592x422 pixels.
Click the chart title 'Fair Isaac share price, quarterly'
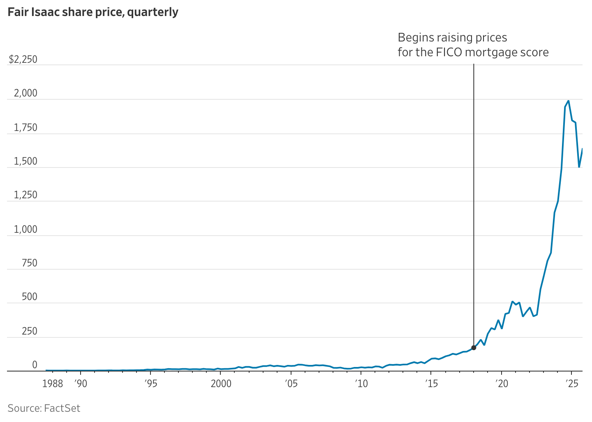(93, 12)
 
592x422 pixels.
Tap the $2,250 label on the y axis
(23, 60)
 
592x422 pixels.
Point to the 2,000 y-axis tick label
(25, 94)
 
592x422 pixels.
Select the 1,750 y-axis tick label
(25, 128)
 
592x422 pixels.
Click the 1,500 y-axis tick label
(25, 162)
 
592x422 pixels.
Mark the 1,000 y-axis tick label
(25, 229)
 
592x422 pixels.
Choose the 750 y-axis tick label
(29, 263)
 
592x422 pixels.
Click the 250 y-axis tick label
(29, 331)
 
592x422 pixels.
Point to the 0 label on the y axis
(35, 365)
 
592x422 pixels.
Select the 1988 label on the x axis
(53, 384)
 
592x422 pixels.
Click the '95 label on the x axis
(150, 384)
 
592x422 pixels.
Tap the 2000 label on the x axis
(221, 384)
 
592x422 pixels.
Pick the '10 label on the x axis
(361, 384)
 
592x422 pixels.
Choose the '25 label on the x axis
(571, 384)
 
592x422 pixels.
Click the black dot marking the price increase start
(474, 348)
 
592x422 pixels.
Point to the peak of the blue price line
(568, 101)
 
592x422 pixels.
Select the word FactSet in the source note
(62, 408)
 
